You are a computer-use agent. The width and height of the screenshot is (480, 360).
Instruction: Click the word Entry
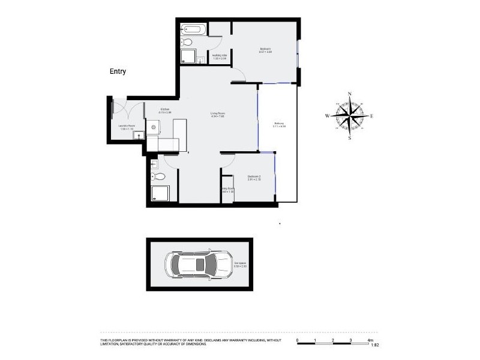[x=117, y=71]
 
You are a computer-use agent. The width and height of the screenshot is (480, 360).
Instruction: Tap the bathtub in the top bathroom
[x=194, y=28]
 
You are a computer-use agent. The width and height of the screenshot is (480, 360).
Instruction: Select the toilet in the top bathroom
[x=187, y=42]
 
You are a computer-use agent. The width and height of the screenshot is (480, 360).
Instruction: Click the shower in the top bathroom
[x=188, y=56]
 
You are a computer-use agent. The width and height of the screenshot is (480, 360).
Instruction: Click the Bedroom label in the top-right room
[x=265, y=50]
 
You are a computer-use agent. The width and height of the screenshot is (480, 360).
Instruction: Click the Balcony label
[x=279, y=124]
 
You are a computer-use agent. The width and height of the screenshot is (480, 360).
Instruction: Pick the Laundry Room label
[x=127, y=127]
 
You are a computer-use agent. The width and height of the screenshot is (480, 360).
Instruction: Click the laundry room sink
[x=140, y=136]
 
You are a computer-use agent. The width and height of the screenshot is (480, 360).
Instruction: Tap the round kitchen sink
[x=154, y=127]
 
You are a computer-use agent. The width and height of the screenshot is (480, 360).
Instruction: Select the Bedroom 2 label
[x=254, y=178]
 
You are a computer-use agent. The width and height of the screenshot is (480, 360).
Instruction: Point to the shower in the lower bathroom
[x=160, y=193]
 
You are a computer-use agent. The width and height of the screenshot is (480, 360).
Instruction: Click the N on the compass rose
[x=350, y=94]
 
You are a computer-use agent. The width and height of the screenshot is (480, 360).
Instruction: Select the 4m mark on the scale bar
[x=370, y=340]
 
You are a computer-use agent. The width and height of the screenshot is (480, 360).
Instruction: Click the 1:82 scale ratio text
[x=374, y=345]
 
